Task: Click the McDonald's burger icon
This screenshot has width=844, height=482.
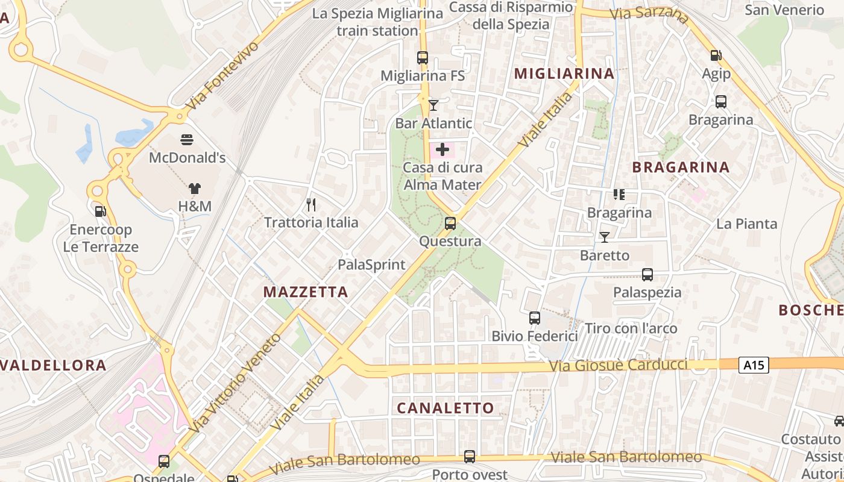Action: click(x=187, y=140)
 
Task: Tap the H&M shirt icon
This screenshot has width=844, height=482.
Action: click(x=194, y=189)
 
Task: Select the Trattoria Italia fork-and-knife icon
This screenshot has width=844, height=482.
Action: click(x=311, y=205)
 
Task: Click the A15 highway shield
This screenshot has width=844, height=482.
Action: click(x=754, y=365)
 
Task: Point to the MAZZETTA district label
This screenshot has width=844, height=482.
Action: click(x=306, y=292)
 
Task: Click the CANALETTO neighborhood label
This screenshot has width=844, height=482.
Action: click(x=445, y=408)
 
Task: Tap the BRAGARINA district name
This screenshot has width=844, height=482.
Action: click(x=681, y=167)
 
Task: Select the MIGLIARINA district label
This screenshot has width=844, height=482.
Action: click(x=564, y=74)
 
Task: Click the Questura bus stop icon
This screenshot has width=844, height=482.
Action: click(x=450, y=224)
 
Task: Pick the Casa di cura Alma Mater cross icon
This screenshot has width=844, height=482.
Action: click(x=442, y=149)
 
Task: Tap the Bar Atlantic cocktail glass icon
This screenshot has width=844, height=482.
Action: click(x=433, y=105)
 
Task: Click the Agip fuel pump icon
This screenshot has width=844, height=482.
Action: click(x=716, y=55)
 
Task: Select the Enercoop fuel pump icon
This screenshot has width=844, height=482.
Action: click(x=100, y=211)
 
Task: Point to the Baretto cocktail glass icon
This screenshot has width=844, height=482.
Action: click(x=604, y=237)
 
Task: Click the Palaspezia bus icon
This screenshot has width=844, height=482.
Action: click(x=647, y=275)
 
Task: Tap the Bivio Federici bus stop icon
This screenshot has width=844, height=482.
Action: click(x=534, y=318)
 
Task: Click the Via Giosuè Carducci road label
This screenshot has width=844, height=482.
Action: click(x=618, y=365)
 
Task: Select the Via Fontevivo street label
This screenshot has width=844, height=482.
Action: click(x=221, y=75)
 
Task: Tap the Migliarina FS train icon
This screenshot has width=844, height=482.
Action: click(x=423, y=58)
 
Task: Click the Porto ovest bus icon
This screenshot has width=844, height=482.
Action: click(x=470, y=457)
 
